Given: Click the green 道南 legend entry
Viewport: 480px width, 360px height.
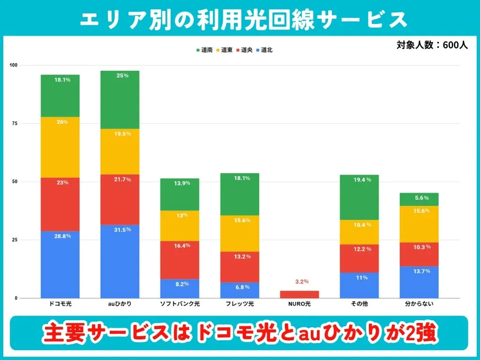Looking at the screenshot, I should pyautogui.click(x=204, y=50).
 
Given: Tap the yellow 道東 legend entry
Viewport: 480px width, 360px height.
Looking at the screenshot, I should pyautogui.click(x=225, y=50).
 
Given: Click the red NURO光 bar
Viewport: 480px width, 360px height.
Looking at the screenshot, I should pyautogui.click(x=299, y=294).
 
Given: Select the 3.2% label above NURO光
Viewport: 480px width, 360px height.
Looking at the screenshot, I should pyautogui.click(x=302, y=282).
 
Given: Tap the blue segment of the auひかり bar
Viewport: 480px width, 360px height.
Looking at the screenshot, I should pyautogui.click(x=120, y=262).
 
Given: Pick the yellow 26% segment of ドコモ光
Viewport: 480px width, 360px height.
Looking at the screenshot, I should pyautogui.click(x=60, y=147).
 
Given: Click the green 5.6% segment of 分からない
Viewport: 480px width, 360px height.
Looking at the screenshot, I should pyautogui.click(x=419, y=199).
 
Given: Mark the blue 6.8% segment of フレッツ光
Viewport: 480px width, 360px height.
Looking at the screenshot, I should pyautogui.click(x=239, y=290).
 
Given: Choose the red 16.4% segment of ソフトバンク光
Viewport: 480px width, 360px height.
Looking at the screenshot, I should pyautogui.click(x=180, y=260).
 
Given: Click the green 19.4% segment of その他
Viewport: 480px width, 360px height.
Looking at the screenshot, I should pyautogui.click(x=359, y=197).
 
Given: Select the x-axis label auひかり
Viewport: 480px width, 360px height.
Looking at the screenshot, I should pyautogui.click(x=120, y=304).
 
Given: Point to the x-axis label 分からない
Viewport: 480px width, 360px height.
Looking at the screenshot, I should pyautogui.click(x=419, y=304).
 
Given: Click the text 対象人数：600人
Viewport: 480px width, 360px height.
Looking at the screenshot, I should pyautogui.click(x=432, y=45).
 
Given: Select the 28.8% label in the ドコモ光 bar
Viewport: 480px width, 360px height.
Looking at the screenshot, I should pyautogui.click(x=62, y=236).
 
